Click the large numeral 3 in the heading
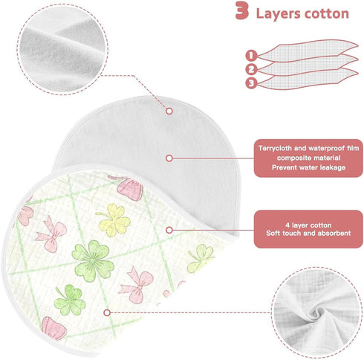[241, 10]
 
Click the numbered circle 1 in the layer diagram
[251, 55]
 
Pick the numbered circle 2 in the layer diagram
[251, 69]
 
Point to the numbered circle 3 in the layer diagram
[251, 83]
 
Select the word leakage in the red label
[333, 167]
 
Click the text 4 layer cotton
[308, 225]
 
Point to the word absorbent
[334, 234]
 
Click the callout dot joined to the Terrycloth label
[169, 158]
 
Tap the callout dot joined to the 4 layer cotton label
[169, 230]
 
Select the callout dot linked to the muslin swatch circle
[107, 312]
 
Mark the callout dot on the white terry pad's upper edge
[169, 111]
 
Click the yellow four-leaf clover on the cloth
[114, 219]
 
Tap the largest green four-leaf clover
[93, 260]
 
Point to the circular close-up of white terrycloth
[62, 50]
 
